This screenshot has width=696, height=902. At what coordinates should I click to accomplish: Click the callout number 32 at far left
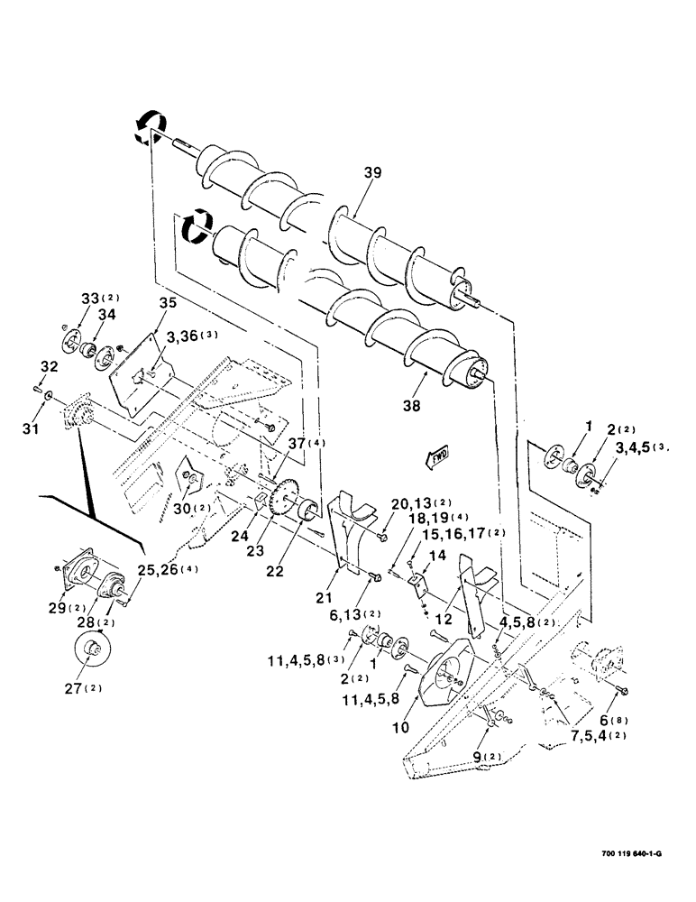pos(49,367)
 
